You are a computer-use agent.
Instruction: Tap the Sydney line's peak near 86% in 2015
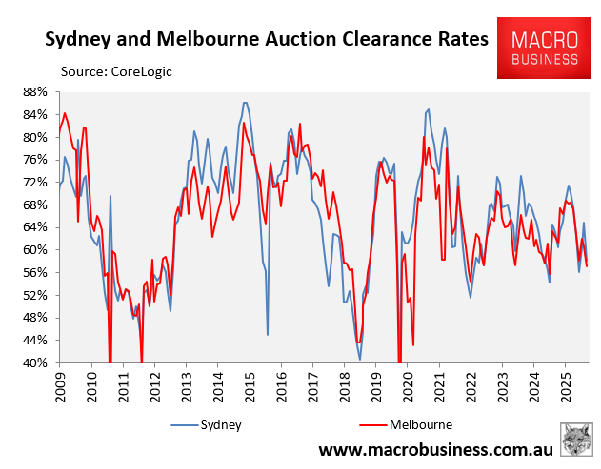[x=245, y=103]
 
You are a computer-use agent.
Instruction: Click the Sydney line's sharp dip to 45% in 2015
[x=268, y=334]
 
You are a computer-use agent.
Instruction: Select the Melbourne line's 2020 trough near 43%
[x=413, y=344]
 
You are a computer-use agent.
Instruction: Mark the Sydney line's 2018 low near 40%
[x=360, y=360]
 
